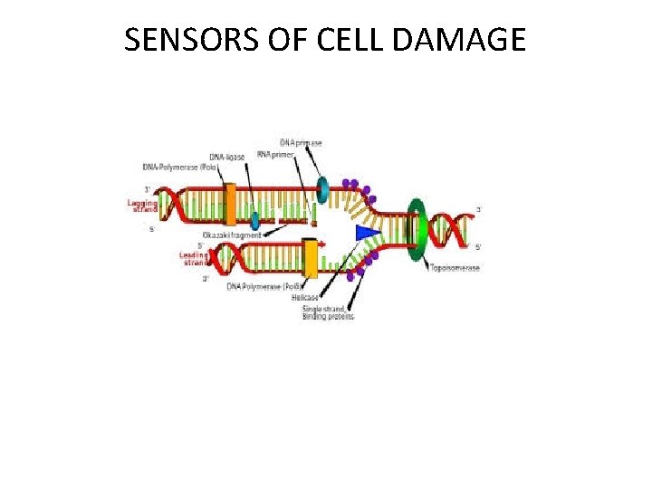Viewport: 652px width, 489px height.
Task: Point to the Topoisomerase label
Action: tap(455, 268)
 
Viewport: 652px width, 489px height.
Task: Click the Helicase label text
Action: tap(316, 296)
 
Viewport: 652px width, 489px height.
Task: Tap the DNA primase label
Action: tap(301, 143)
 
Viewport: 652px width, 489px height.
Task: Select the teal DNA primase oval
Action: tap(323, 187)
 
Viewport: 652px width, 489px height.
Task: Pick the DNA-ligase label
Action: tap(227, 157)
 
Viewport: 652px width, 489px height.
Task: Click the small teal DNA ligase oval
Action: tap(256, 220)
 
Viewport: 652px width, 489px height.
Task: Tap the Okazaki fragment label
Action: tap(232, 235)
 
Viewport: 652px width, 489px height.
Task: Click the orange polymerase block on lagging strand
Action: tap(230, 204)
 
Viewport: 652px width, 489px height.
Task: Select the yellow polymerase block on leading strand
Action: tap(311, 258)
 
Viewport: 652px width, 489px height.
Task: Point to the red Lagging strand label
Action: tap(142, 206)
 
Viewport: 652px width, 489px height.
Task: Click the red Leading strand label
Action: tap(194, 259)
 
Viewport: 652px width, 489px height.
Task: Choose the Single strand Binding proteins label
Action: tap(328, 312)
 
